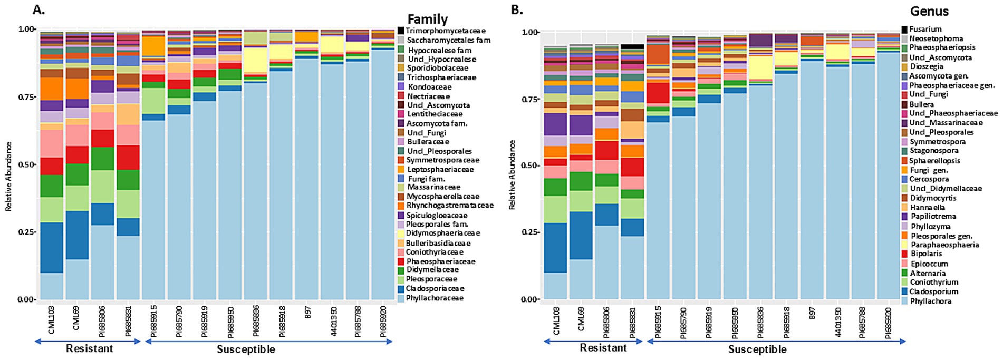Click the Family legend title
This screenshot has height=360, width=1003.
click(x=427, y=20)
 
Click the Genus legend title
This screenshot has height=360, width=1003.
click(x=929, y=11)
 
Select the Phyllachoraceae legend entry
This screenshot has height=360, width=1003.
click(x=435, y=298)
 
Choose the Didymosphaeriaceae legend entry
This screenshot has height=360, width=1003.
click(x=442, y=233)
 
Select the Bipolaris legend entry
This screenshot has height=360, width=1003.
click(x=925, y=254)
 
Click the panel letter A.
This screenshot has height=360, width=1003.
click(x=38, y=9)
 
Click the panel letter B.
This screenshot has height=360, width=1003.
click(x=517, y=9)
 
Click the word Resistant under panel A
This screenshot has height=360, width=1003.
click(x=89, y=348)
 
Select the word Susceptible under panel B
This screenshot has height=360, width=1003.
click(x=757, y=349)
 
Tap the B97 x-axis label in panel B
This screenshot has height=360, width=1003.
click(x=812, y=315)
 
